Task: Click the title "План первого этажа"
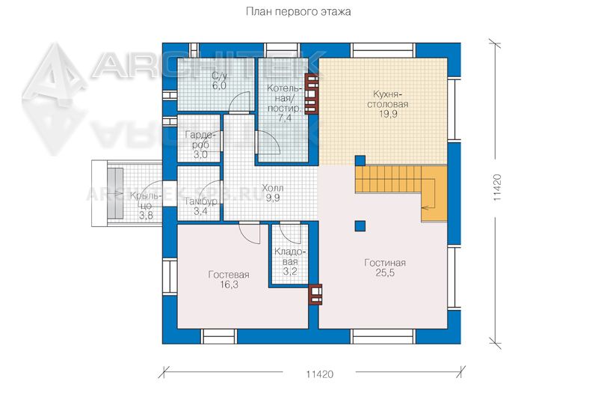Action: coord(298,12)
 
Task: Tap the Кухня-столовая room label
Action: coord(388,100)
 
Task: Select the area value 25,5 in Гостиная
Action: coord(385,273)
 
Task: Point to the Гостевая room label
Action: coord(229,275)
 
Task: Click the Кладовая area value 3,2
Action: coord(290,272)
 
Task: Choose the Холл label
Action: coord(273,188)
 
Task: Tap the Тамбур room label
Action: coord(201,201)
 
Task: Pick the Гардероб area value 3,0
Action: coord(200,155)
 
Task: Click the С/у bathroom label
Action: coord(219,76)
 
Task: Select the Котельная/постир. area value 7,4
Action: coord(285,118)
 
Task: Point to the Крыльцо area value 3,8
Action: coord(146,216)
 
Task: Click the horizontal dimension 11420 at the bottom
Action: coord(319,374)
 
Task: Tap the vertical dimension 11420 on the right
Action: coord(496,187)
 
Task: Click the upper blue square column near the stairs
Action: coord(360,160)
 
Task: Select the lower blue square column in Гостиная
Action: coord(360,226)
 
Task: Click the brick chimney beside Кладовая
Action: coord(315,294)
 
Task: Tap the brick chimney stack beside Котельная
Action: coord(311,94)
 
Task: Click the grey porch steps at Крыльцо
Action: coord(115,193)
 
